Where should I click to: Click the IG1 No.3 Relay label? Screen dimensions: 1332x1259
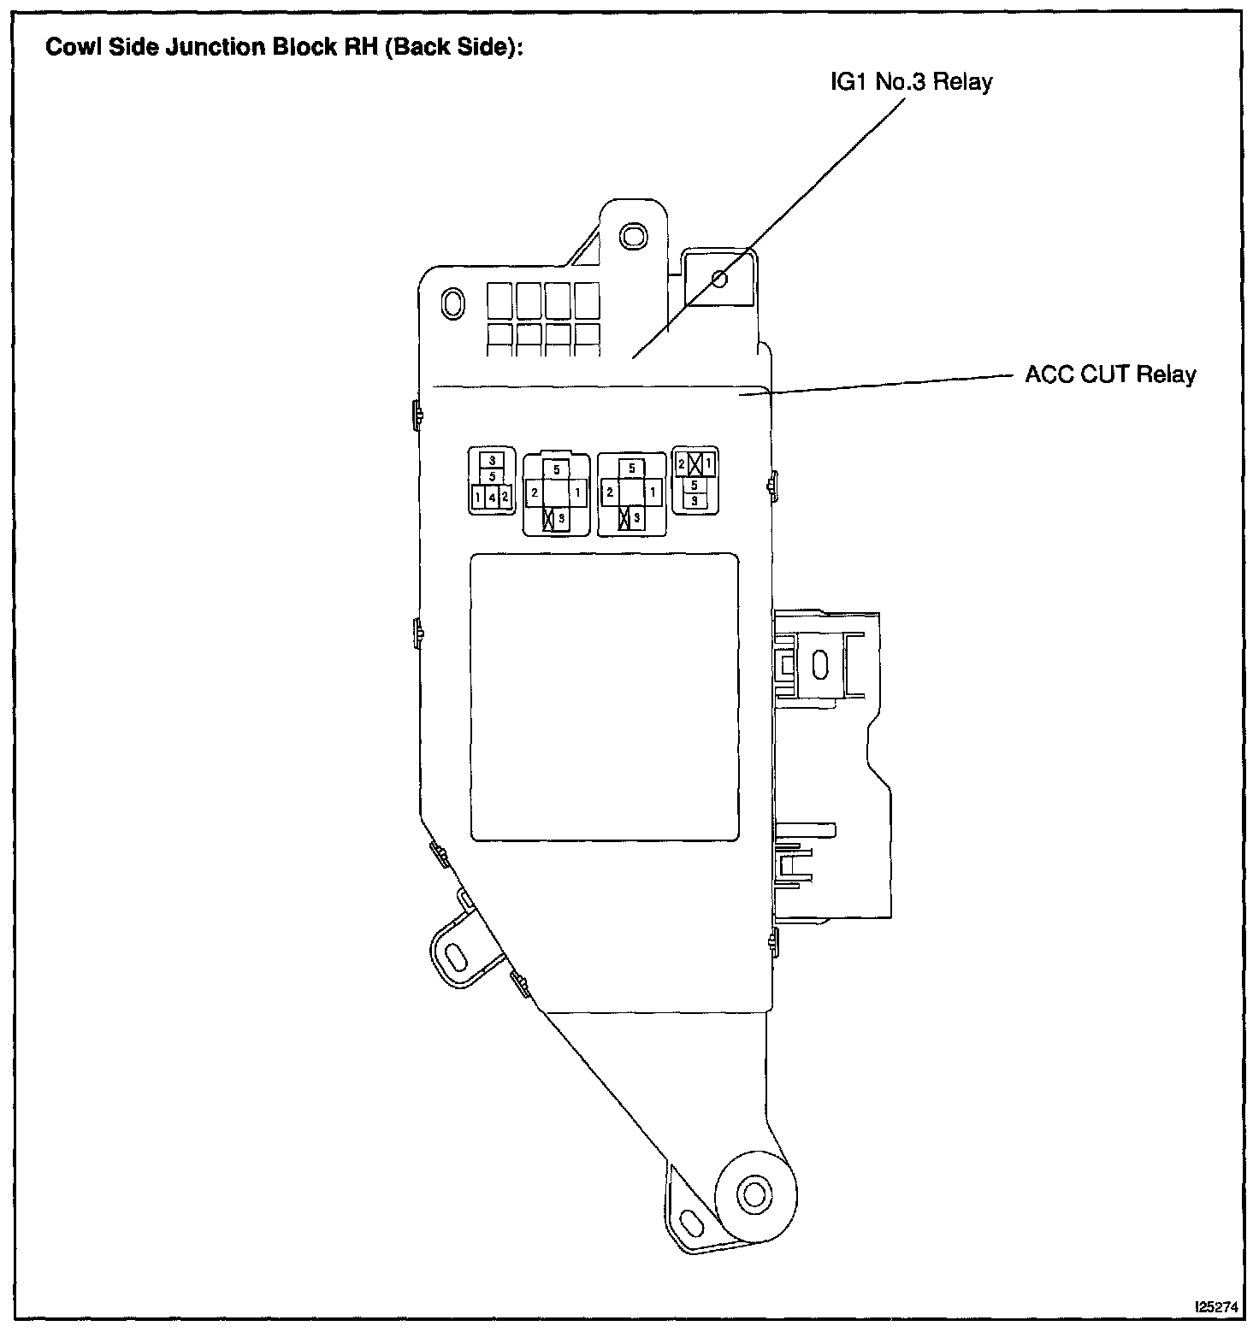(x=911, y=82)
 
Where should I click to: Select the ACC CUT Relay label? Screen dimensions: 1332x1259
(x=1110, y=374)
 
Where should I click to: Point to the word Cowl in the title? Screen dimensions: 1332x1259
(x=69, y=47)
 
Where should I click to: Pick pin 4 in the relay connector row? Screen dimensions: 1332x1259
(x=493, y=497)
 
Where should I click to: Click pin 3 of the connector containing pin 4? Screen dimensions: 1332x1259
(x=492, y=461)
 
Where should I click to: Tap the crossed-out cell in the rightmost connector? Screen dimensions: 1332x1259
(x=695, y=464)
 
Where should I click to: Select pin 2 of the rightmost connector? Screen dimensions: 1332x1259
(x=681, y=464)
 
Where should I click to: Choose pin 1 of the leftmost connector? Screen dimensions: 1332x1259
(x=477, y=497)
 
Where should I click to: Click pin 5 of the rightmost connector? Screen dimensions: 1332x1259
(x=695, y=485)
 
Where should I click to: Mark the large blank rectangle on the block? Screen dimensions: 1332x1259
(x=605, y=696)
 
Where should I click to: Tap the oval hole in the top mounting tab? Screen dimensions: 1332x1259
(x=633, y=233)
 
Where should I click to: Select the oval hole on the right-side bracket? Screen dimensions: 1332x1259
(x=819, y=664)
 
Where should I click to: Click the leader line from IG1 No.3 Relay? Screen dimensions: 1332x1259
(x=770, y=227)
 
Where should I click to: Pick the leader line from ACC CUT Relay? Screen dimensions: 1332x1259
(x=890, y=384)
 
